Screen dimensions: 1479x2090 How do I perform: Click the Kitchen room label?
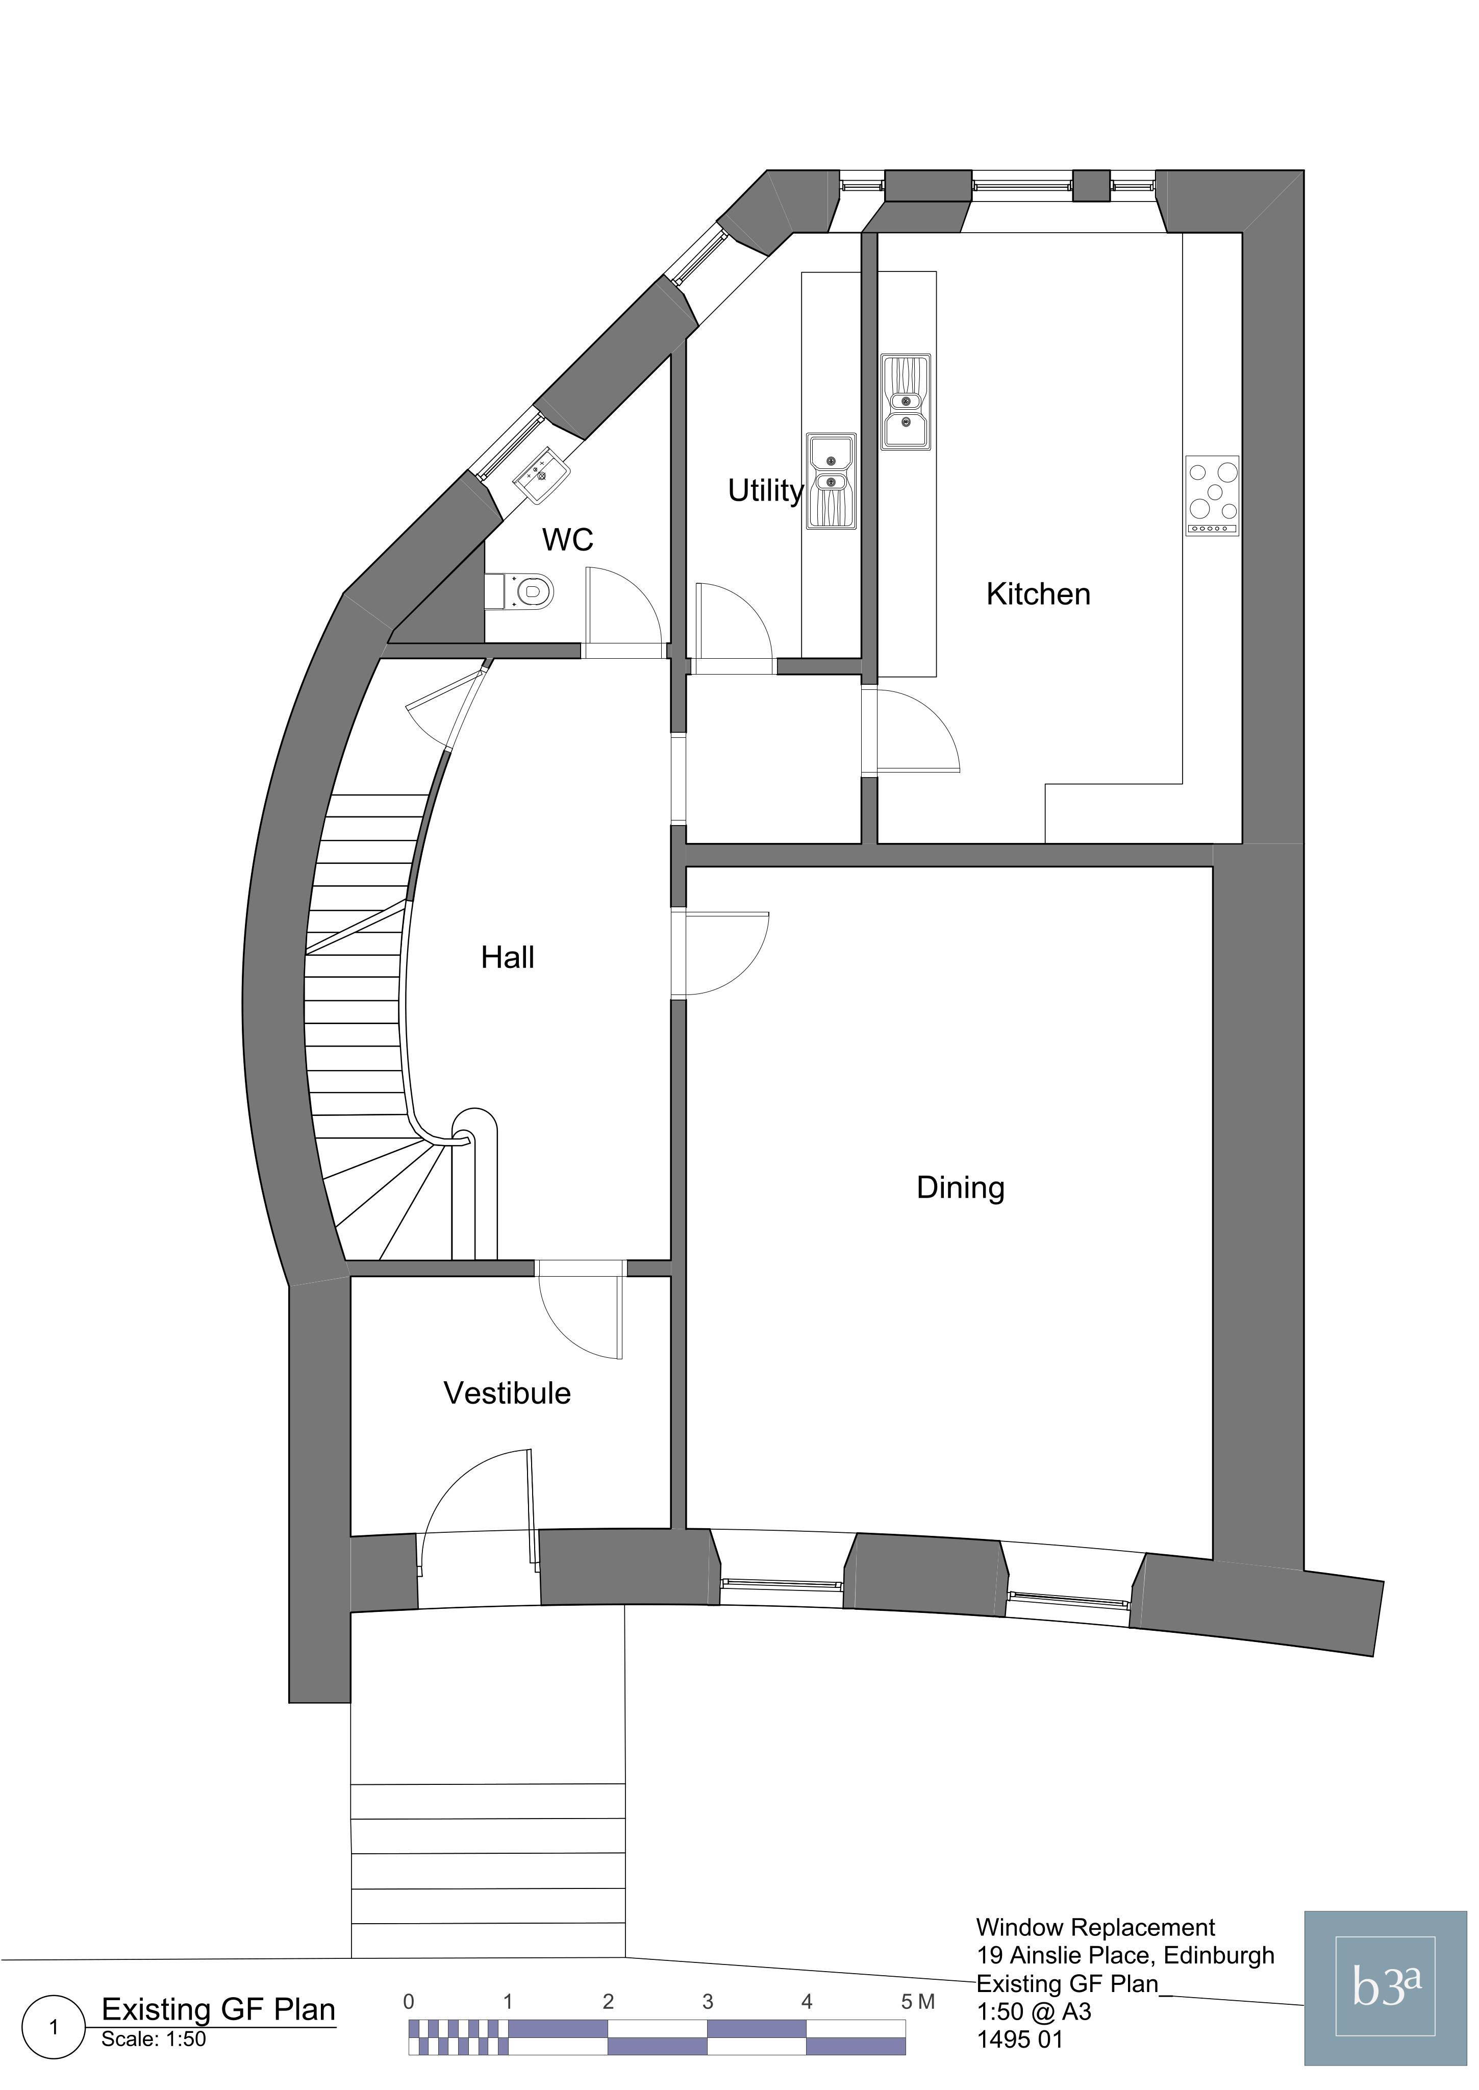[x=1038, y=594]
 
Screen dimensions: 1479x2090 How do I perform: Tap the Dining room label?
[x=961, y=1188]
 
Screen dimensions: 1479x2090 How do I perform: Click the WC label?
[x=567, y=539]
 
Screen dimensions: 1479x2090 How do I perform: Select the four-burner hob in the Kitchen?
[x=1212, y=495]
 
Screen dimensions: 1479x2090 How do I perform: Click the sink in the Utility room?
[x=831, y=482]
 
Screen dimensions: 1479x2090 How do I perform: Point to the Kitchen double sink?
[x=905, y=402]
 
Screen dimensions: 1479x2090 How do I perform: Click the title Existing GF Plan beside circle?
[x=218, y=2010]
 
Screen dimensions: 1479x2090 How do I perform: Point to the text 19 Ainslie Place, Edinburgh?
[x=1125, y=1955]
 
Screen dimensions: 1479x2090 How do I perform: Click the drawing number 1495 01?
[x=1020, y=2039]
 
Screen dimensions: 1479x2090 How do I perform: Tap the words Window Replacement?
[x=1095, y=1927]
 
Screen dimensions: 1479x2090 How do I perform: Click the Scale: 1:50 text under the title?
[x=154, y=2039]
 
